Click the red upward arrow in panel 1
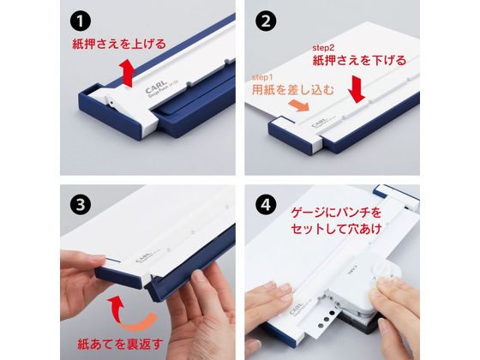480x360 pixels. (129, 74)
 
